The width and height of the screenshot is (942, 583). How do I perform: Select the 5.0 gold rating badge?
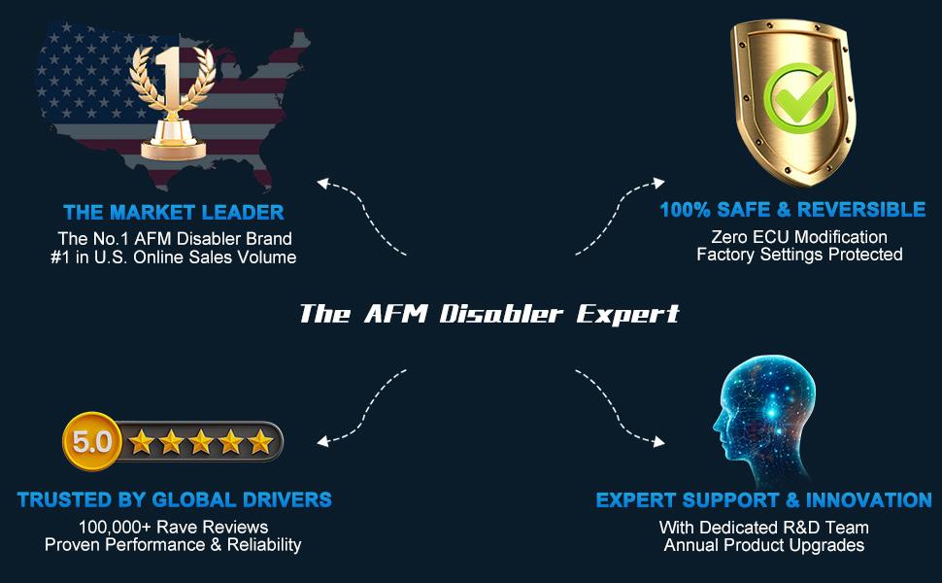coord(92,443)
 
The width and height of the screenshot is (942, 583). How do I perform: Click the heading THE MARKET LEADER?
coord(174,212)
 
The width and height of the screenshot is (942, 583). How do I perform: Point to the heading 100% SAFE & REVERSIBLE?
coord(792,210)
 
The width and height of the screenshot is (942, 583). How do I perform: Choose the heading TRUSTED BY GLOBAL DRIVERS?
coord(174,500)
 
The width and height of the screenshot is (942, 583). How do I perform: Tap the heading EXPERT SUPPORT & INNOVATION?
coord(763,500)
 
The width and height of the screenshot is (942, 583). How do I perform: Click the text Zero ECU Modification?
coord(798,237)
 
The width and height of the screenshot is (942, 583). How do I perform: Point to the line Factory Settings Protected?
coord(799,255)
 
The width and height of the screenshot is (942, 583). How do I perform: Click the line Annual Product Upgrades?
coord(763,545)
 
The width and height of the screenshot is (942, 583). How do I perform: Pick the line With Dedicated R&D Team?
coord(763,528)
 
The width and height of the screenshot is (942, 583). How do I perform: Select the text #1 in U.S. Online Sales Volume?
coord(176,257)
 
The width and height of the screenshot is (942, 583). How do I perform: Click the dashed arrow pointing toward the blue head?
coord(622,408)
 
